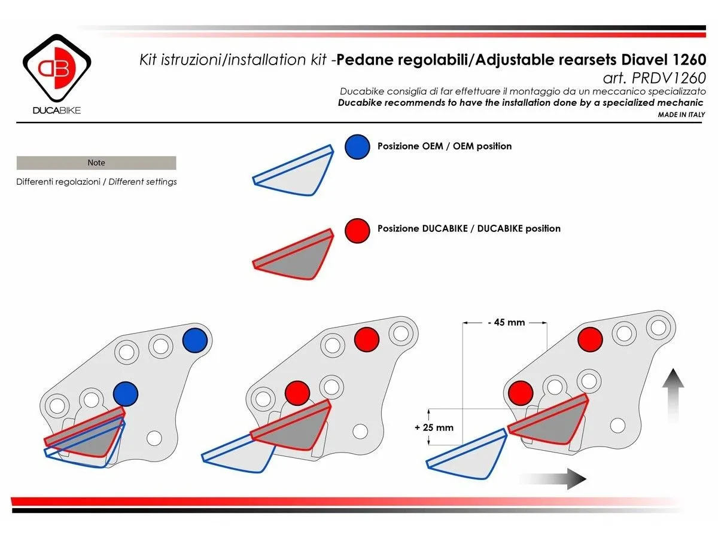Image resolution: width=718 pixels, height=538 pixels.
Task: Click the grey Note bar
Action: coord(96,163)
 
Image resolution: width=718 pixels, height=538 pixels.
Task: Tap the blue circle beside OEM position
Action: coord(357,146)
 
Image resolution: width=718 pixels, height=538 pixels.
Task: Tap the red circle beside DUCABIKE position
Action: coord(357,230)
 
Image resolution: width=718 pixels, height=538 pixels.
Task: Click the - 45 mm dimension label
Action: coord(505,323)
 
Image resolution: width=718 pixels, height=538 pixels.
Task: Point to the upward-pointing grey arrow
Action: coord(673,395)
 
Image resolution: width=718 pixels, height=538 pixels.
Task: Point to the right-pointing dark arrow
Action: coord(553,478)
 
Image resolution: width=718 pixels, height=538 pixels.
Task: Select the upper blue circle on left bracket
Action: coord(195,340)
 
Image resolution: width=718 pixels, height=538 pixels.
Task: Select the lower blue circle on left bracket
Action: coord(126,394)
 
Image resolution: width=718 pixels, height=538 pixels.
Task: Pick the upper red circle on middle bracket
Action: coord(366,340)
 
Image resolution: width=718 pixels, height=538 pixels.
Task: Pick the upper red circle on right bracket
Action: coord(590,340)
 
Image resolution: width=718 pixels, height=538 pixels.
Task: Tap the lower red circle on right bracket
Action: coord(521,393)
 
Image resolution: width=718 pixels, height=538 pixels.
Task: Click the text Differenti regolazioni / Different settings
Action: coord(96,182)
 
